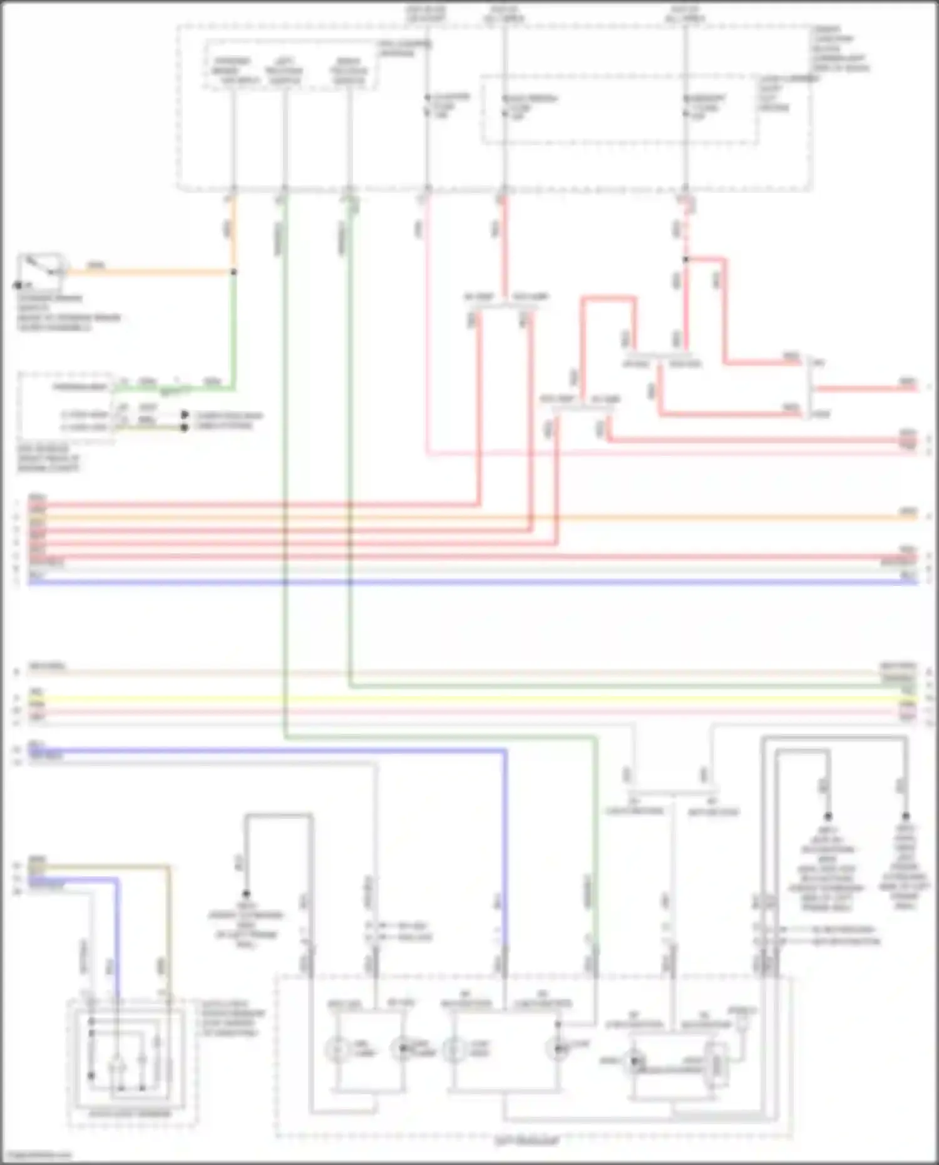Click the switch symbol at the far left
click(x=41, y=270)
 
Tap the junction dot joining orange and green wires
click(x=234, y=272)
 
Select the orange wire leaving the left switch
click(x=150, y=273)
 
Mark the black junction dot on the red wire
click(x=685, y=259)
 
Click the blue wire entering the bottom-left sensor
click(x=117, y=939)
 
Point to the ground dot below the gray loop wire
click(x=247, y=893)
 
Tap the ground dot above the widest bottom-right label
click(x=828, y=816)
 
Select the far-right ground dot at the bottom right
click(x=905, y=816)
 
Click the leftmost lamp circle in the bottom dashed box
click(x=339, y=1049)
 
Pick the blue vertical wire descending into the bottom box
click(x=505, y=876)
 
